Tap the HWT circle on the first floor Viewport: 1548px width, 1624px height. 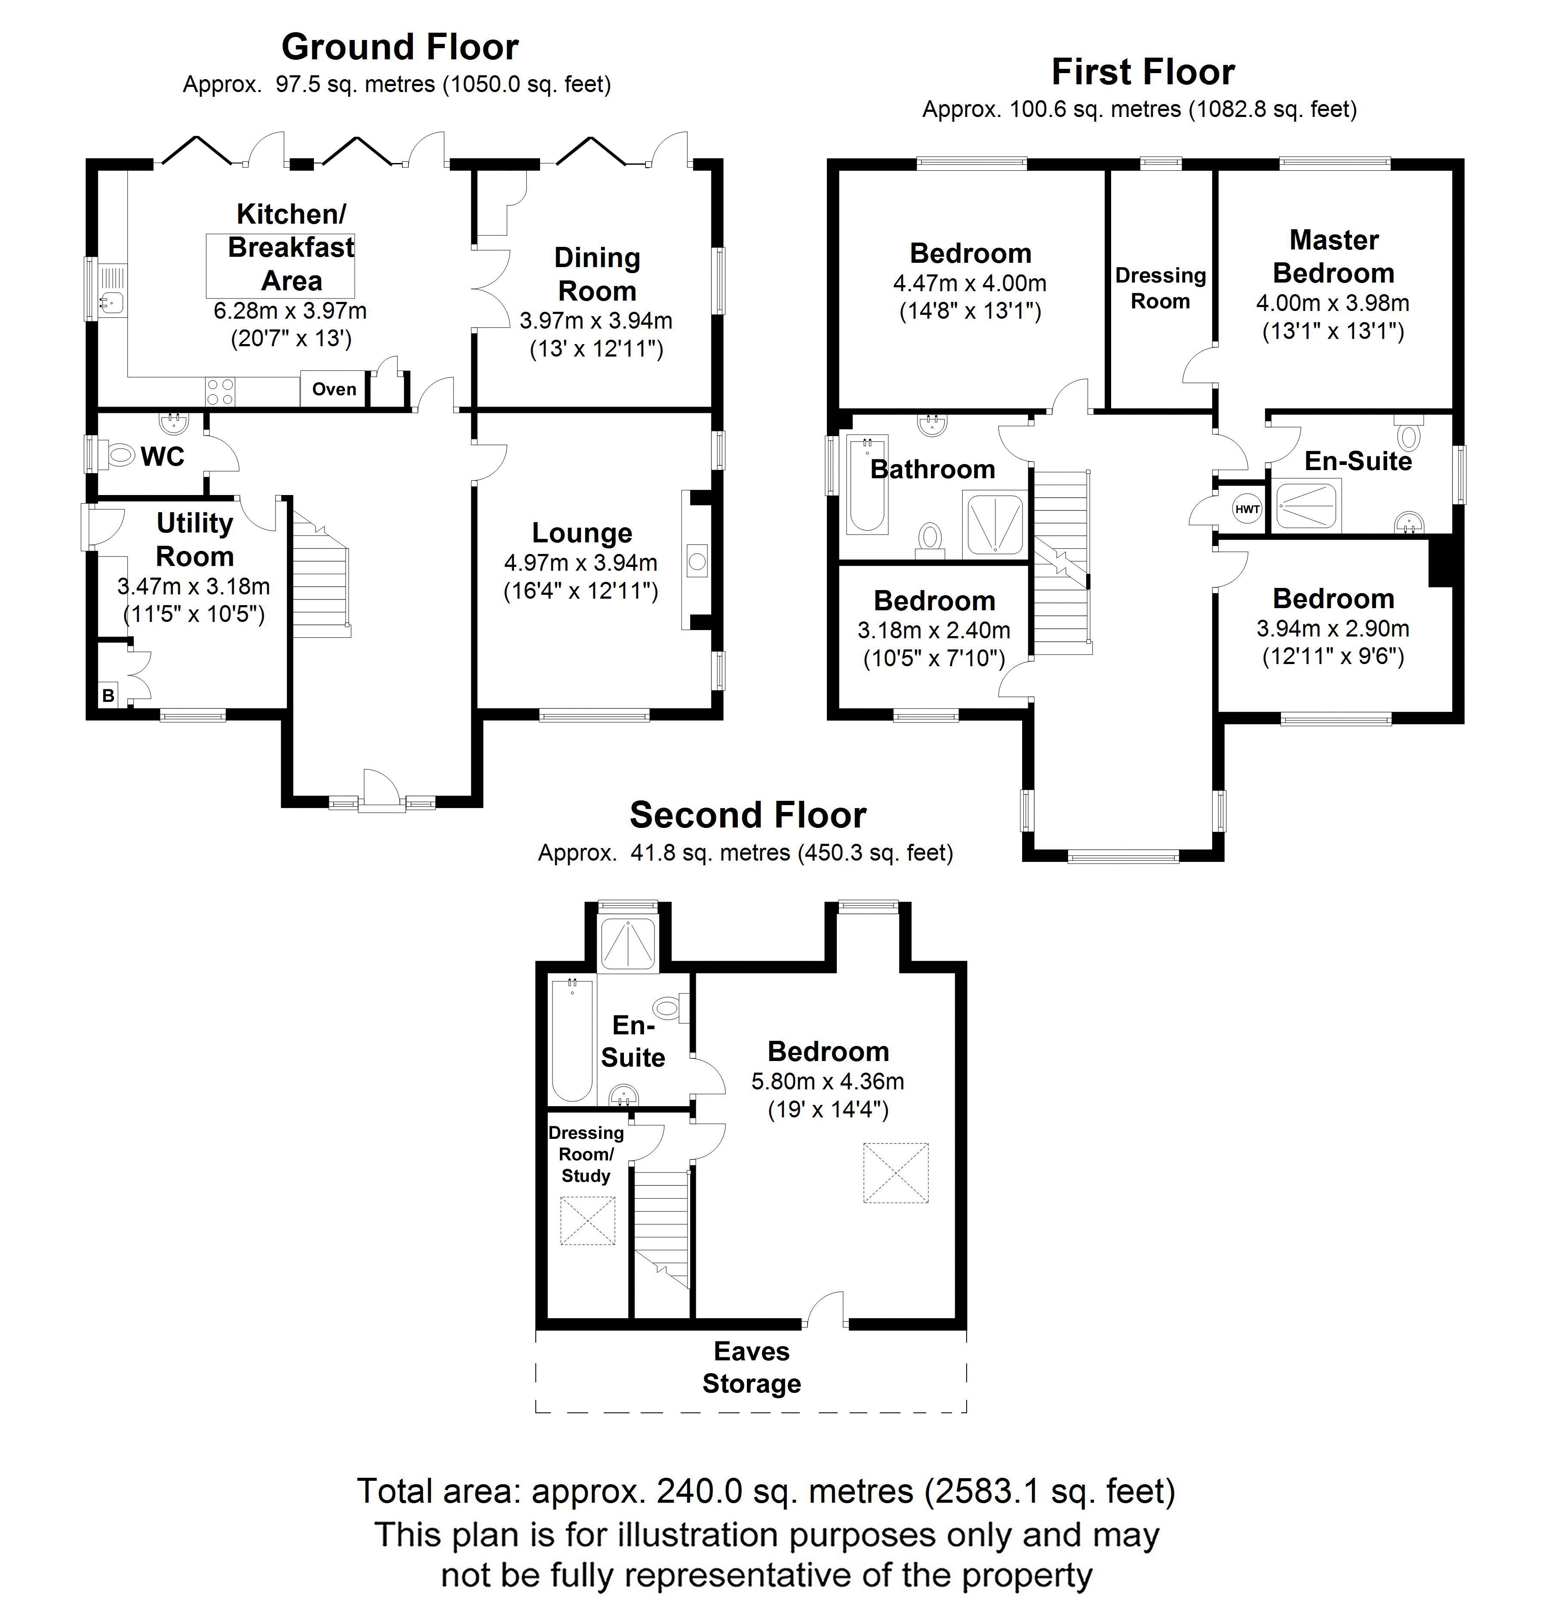[1247, 509]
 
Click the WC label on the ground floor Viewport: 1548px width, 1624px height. [163, 456]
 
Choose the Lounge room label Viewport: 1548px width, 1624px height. [582, 533]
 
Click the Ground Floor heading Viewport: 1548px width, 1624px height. [400, 47]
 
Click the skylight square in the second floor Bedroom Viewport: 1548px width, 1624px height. [895, 1172]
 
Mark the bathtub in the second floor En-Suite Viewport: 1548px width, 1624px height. [572, 1040]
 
